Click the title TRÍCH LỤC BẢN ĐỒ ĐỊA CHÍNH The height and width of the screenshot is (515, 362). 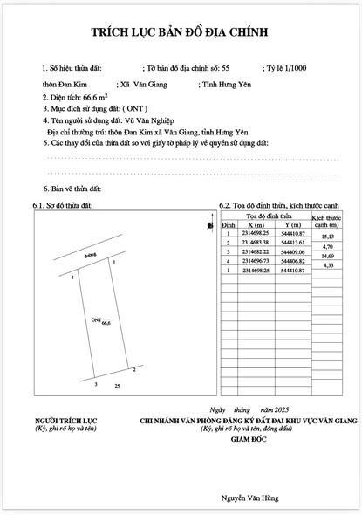180,33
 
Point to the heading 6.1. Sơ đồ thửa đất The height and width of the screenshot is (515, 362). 62,205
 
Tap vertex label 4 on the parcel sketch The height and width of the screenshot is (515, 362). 72,277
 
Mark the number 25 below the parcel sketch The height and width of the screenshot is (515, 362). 116,386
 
